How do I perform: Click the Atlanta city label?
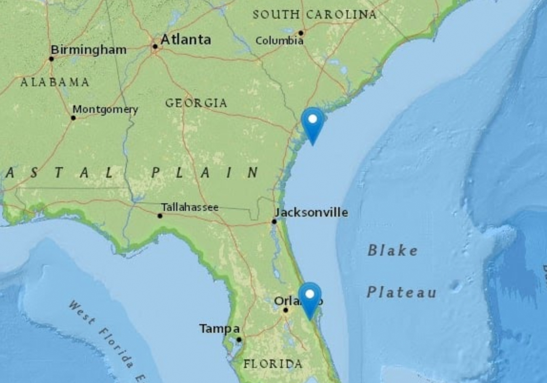(x=186, y=40)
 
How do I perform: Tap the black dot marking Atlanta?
(x=155, y=46)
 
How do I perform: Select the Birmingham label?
(x=88, y=50)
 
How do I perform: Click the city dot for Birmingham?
(x=51, y=59)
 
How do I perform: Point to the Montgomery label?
(x=105, y=110)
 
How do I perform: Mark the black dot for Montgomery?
(x=74, y=118)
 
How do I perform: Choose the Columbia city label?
(x=279, y=41)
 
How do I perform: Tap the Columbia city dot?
(x=301, y=33)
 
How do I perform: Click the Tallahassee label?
(x=190, y=207)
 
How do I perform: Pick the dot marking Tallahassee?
(x=160, y=216)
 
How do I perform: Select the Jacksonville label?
(x=312, y=212)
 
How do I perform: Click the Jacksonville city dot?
(x=274, y=222)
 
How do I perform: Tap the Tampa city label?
(x=219, y=329)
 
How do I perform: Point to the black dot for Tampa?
(x=239, y=340)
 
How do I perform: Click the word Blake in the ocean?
(x=392, y=251)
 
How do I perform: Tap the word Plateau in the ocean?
(x=401, y=292)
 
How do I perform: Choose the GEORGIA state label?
(x=196, y=103)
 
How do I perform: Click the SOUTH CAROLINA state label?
(x=315, y=15)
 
